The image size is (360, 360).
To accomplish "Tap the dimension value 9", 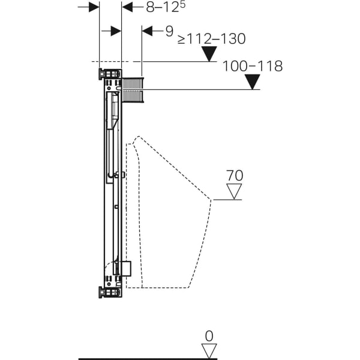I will coord(169,31).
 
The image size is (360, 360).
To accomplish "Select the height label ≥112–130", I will coord(211,39).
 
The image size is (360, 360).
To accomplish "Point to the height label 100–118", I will coord(252,66).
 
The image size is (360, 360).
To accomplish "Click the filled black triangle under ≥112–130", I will coord(208,54).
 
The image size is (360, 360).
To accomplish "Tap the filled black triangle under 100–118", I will coord(253,82).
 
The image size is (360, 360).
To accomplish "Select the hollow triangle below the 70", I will coord(233,191).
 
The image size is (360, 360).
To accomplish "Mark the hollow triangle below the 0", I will coord(209,351).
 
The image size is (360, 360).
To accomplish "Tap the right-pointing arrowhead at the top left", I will coord(93,7).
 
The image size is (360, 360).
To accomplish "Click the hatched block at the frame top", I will coord(132,89).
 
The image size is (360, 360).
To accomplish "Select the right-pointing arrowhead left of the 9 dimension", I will coord(115,31).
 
